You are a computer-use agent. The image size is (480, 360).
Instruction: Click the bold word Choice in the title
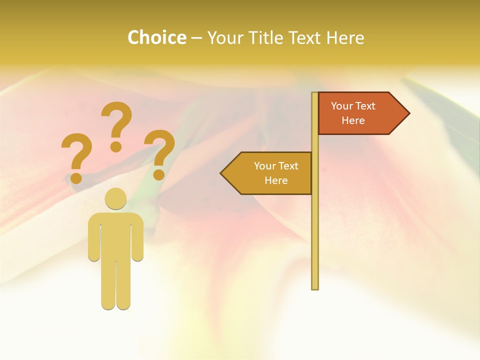click(156, 37)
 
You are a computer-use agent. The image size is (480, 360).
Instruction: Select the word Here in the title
click(345, 37)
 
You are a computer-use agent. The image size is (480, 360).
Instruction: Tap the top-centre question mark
click(116, 120)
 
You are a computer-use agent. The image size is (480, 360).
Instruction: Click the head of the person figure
click(116, 198)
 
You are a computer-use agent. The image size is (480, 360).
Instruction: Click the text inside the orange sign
click(353, 113)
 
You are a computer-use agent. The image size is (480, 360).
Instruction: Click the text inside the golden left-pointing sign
click(276, 173)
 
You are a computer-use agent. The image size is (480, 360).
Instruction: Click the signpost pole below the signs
click(315, 240)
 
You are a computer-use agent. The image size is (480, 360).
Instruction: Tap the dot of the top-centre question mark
click(116, 146)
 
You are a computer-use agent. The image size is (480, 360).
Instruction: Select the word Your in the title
click(225, 37)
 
